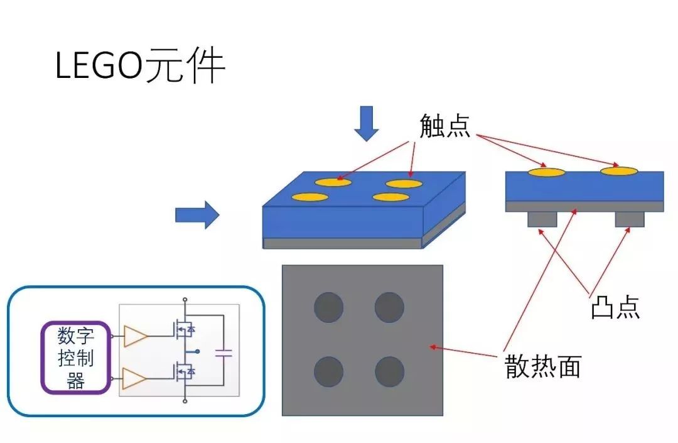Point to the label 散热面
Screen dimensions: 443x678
(543, 366)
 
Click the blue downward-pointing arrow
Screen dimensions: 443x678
(367, 124)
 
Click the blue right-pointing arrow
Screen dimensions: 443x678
(196, 216)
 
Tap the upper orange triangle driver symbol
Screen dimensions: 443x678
(136, 336)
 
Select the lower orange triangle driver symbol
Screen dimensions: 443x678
(136, 379)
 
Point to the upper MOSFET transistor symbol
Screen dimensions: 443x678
(182, 329)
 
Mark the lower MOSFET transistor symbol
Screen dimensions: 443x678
(182, 375)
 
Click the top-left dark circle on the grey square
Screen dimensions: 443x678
(328, 307)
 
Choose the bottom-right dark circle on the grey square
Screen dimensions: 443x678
(389, 371)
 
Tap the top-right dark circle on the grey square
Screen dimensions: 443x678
(389, 307)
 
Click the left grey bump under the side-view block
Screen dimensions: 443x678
(542, 219)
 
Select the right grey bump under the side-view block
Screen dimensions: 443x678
(630, 219)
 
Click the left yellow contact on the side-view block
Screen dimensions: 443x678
(546, 171)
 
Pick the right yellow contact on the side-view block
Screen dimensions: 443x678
(619, 170)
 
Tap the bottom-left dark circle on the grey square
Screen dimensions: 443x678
(328, 371)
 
